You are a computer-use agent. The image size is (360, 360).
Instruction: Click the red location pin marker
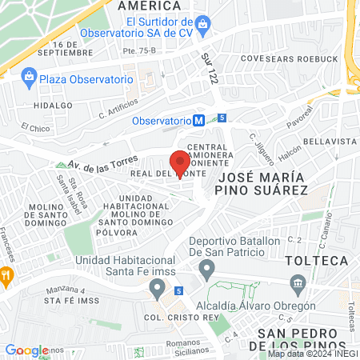click(x=177, y=159)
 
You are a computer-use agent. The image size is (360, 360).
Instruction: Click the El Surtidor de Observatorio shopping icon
click(x=202, y=26)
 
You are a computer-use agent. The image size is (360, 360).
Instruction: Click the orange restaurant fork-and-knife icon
click(x=6, y=277)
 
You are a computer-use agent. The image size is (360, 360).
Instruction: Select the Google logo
click(x=26, y=350)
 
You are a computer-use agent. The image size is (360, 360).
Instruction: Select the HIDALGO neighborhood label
click(x=47, y=105)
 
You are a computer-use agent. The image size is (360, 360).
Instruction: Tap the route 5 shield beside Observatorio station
click(x=222, y=118)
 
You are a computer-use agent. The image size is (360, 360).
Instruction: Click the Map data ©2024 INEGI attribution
click(x=313, y=354)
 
